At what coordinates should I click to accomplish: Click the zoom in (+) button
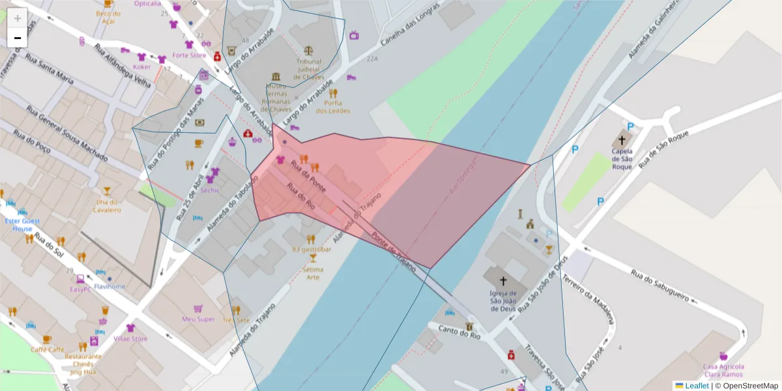[18, 18]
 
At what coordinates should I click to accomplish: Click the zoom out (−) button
[18, 38]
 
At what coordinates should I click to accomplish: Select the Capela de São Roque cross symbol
[622, 140]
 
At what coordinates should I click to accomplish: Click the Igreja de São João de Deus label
[502, 301]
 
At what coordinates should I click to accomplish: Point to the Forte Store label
[189, 55]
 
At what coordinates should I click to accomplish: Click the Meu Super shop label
[198, 319]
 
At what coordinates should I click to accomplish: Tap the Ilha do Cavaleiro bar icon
[107, 192]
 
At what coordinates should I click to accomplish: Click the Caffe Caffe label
[48, 350]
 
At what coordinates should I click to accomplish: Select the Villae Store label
[130, 339]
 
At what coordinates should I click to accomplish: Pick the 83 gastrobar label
[311, 250]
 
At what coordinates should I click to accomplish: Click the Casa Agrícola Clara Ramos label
[723, 371]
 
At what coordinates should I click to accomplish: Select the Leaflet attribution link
[696, 386]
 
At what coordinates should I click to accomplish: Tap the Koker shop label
[141, 66]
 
